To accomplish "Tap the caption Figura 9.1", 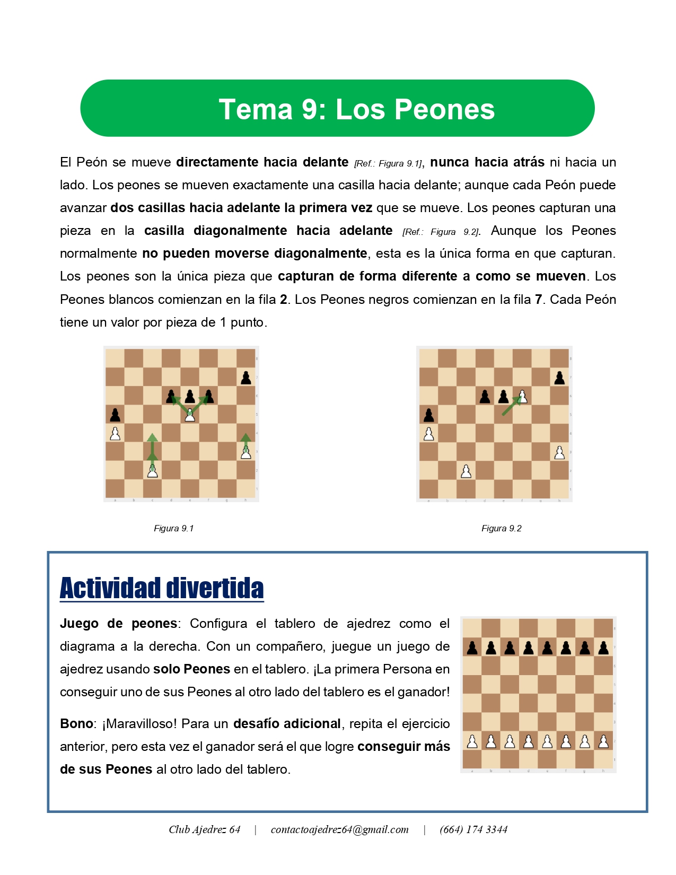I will pos(174,528).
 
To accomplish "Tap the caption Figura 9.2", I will pos(502,528).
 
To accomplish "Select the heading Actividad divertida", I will pos(162,588).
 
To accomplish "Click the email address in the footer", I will pos(339,829).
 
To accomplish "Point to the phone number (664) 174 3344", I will pos(473,829).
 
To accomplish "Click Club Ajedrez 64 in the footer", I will pos(205,829).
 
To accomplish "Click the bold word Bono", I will pos(76,724).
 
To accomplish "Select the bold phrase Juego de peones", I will pos(118,624).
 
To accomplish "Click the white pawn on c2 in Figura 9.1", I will pos(153,470).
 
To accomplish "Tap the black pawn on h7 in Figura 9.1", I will pos(245,378).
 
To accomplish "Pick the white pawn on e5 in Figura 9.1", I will pos(190,415).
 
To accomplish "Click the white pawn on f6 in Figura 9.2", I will pos(522,396).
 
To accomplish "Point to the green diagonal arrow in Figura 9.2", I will pos(510,406).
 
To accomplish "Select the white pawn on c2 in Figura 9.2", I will pos(466,470).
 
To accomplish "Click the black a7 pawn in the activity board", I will pos(472,647).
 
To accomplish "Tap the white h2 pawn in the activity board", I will pos(603,741).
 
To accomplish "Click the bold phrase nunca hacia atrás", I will pos(487,162).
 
